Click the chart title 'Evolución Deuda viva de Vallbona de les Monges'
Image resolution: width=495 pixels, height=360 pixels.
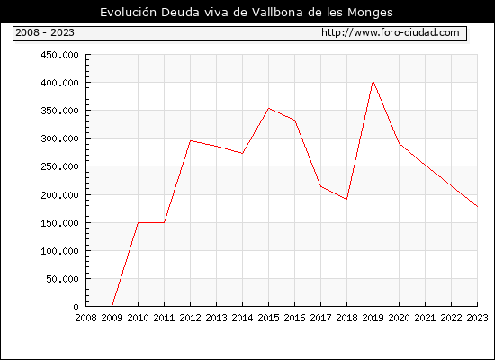[x=247, y=13]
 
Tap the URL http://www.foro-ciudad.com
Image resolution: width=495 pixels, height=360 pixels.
[x=391, y=32]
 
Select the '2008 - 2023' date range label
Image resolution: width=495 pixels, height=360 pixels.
[x=45, y=32]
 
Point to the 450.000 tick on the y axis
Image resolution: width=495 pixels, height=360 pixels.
[x=59, y=55]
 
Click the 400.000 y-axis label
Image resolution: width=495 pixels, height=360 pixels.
[x=59, y=83]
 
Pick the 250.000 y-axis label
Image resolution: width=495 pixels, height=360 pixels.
[x=59, y=166]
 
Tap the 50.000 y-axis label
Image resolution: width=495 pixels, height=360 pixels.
[x=62, y=279]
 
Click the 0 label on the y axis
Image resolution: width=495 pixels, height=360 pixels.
[x=76, y=307]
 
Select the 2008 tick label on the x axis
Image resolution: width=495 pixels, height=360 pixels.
[x=85, y=318]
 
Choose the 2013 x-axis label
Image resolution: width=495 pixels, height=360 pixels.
[x=216, y=318]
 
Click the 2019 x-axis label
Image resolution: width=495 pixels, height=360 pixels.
[x=373, y=318]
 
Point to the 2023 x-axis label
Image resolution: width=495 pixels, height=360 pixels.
[x=477, y=318]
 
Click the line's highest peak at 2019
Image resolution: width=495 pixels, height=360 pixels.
[x=373, y=81]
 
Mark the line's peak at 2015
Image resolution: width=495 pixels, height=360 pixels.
[x=269, y=108]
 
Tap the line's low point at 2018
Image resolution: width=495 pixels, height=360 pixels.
[x=346, y=199]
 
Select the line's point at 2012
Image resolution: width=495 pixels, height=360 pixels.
[x=191, y=140]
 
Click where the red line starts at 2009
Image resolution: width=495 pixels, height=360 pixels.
[x=112, y=305]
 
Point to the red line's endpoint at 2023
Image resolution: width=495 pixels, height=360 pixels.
[x=477, y=206]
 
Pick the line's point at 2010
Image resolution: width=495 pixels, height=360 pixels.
[x=139, y=222]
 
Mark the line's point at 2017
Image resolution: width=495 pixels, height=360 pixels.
[x=320, y=186]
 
